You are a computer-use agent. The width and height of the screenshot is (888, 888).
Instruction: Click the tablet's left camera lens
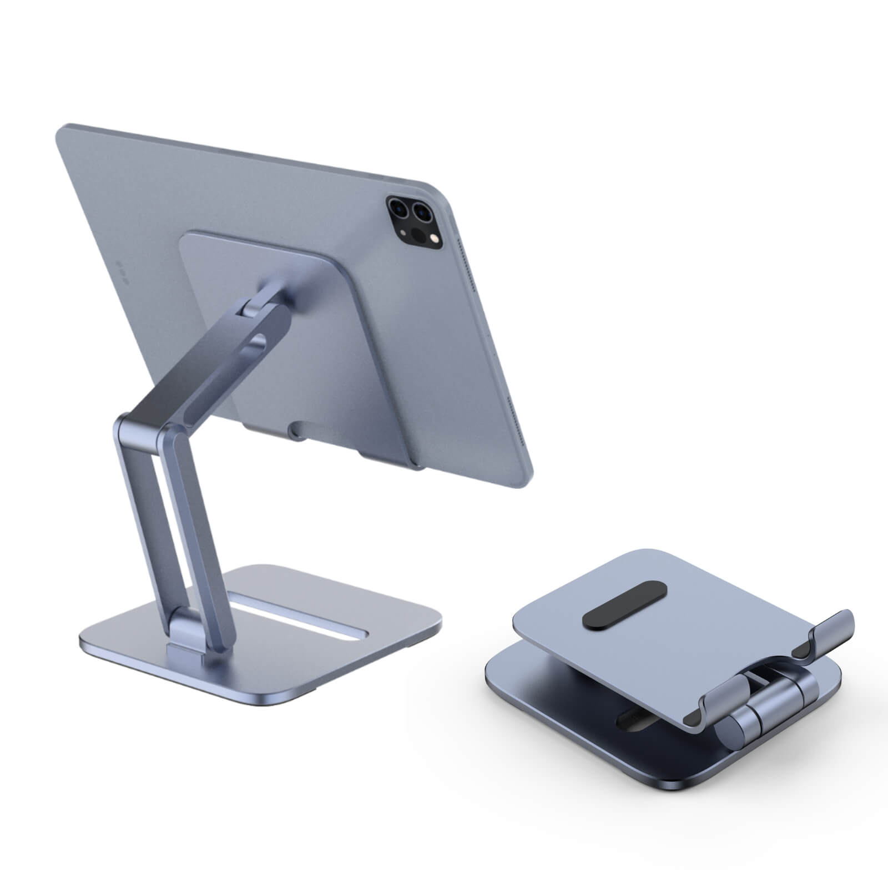pos(398,209)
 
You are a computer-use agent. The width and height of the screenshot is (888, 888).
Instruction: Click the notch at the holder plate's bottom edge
pos(294,428)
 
